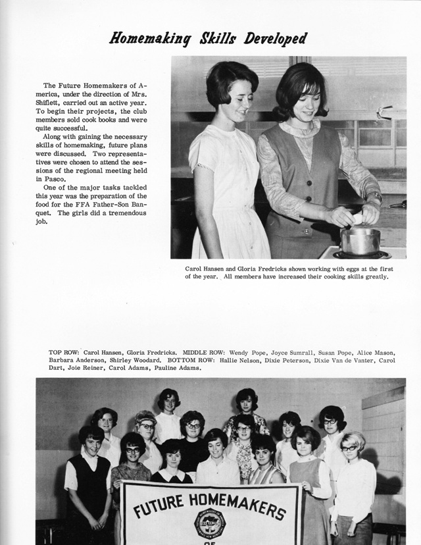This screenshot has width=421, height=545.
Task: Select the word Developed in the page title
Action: pyautogui.click(x=275, y=38)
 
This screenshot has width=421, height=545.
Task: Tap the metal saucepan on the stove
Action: pyautogui.click(x=360, y=241)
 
